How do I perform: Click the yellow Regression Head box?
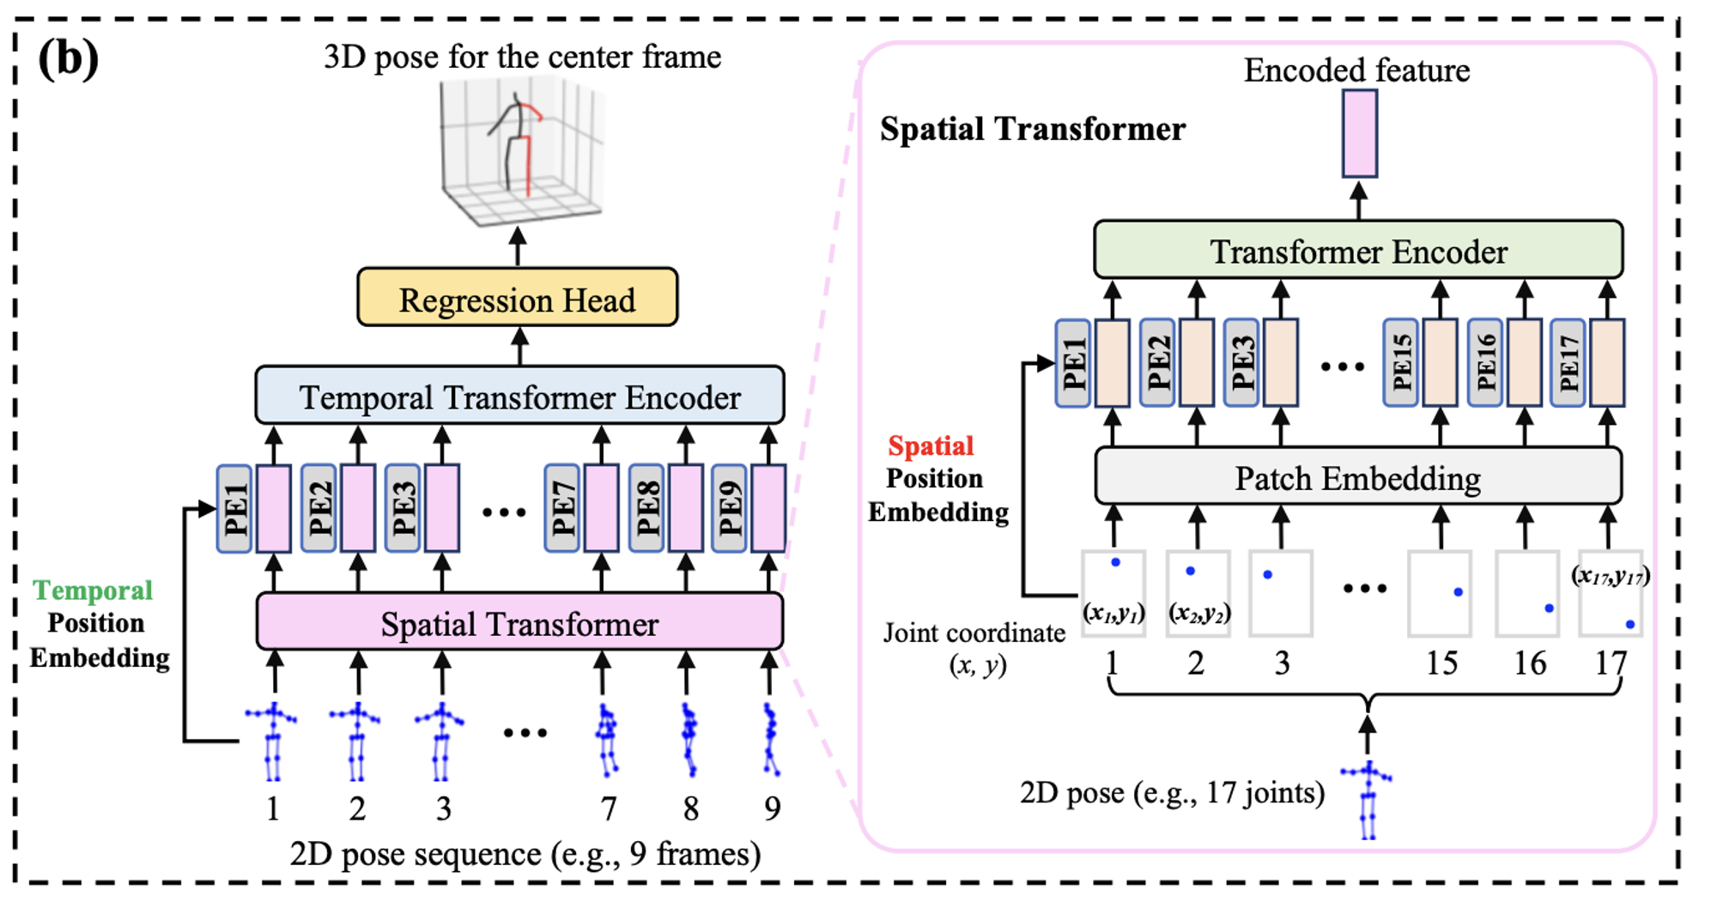point(518,298)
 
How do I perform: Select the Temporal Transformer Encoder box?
point(520,395)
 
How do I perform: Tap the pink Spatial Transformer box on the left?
point(520,621)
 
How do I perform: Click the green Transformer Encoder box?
point(1358,249)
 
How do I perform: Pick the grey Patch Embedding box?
point(1358,475)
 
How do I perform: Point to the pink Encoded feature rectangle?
point(1360,134)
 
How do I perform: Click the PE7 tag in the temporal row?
point(561,509)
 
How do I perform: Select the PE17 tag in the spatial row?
point(1568,363)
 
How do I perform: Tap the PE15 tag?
point(1400,363)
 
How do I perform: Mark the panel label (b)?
point(68,58)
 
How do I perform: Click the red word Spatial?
point(931,445)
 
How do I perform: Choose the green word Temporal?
point(93,590)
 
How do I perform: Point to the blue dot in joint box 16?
point(1549,608)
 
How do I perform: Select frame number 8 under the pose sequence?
point(690,808)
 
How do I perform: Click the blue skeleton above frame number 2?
point(356,742)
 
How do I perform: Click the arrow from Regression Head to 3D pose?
point(518,247)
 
